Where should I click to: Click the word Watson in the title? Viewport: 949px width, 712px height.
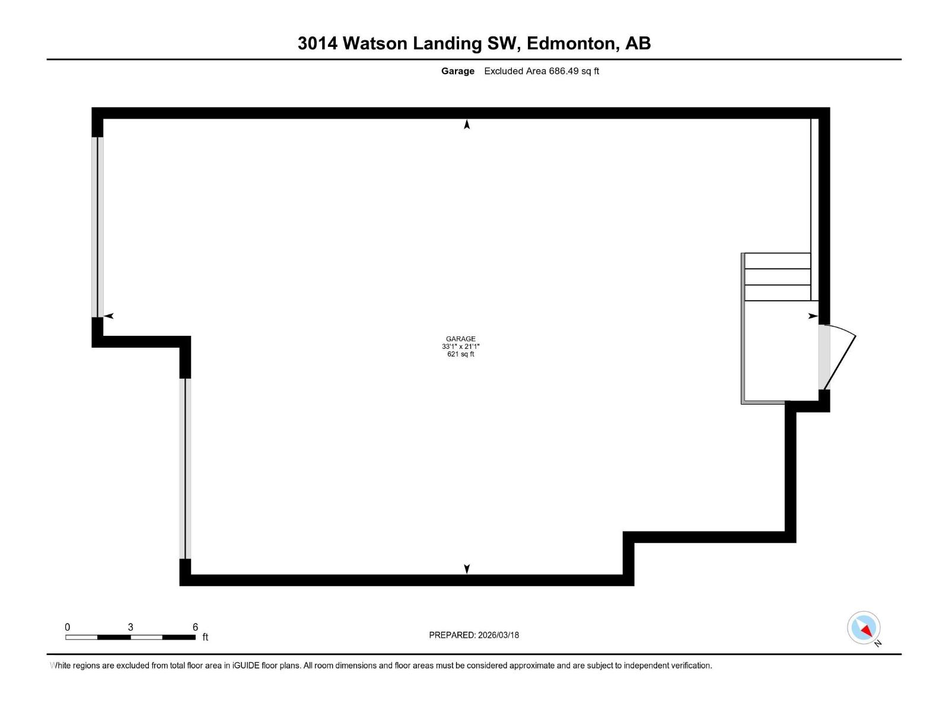tap(375, 43)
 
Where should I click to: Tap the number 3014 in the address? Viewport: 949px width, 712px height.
tap(317, 43)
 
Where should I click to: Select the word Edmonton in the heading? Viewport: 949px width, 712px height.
tap(570, 43)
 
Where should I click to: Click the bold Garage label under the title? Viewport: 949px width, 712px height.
tap(457, 71)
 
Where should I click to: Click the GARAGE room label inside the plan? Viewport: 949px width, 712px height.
tap(460, 339)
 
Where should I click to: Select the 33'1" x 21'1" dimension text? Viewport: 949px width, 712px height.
tap(460, 347)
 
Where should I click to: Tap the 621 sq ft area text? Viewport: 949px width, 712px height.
tap(460, 354)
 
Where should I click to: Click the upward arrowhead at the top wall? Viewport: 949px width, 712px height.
tap(467, 124)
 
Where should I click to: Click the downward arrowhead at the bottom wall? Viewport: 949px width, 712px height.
tap(467, 569)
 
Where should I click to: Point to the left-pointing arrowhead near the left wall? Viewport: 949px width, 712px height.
tap(109, 316)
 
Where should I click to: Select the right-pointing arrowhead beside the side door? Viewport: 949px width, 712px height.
tap(813, 316)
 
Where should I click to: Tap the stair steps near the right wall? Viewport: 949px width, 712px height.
tap(777, 277)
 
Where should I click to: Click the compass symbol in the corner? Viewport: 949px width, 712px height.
tap(864, 628)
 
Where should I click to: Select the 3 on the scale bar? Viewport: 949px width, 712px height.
tap(130, 627)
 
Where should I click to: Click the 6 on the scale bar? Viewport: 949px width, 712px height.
tap(195, 627)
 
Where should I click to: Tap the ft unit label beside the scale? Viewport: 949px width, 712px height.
tap(205, 637)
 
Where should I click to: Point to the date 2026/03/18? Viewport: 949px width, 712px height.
tap(498, 635)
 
